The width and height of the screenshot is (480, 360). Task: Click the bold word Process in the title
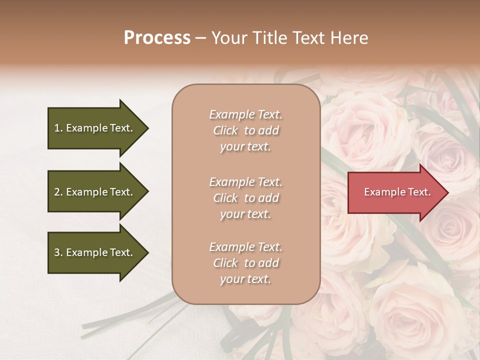tap(157, 38)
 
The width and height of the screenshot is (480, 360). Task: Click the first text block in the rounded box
tap(245, 130)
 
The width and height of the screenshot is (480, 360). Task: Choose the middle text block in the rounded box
tap(245, 198)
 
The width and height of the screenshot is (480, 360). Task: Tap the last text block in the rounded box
tap(245, 263)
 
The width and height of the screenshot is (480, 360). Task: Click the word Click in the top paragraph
tap(225, 130)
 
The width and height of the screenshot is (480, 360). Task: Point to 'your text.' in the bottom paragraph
tap(245, 279)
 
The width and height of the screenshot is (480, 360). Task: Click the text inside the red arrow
tap(397, 192)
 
